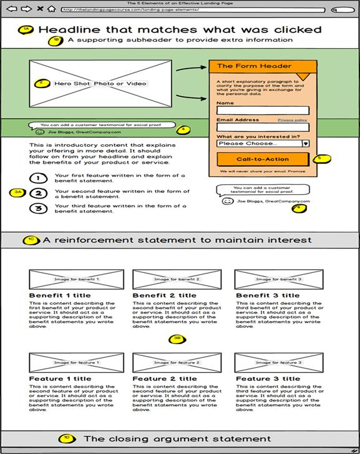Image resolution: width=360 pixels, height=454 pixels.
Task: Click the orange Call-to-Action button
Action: point(262,159)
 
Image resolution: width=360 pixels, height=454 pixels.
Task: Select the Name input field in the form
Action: point(262,111)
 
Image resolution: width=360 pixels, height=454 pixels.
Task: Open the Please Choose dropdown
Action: point(262,143)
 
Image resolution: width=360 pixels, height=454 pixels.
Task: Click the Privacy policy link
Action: point(292,119)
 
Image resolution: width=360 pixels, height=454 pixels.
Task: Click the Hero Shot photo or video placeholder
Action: point(100,83)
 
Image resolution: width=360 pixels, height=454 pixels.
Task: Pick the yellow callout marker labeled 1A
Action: point(26,29)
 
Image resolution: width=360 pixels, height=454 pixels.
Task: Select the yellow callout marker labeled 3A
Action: point(17,192)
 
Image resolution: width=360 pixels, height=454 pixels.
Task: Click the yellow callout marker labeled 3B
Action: point(177,339)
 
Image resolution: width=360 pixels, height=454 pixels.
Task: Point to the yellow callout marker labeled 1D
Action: point(67,438)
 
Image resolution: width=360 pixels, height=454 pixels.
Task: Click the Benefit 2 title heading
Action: point(164,295)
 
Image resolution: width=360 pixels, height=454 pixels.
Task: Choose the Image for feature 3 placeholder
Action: point(278,363)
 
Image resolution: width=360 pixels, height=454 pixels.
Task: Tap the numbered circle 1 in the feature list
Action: point(38,179)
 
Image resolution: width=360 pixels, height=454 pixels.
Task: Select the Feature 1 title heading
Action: point(60,378)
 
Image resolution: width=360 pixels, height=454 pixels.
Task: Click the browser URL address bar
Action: point(193,10)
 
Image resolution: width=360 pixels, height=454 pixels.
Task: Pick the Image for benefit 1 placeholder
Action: point(68,279)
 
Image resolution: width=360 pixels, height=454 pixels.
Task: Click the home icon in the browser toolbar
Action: point(51,9)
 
